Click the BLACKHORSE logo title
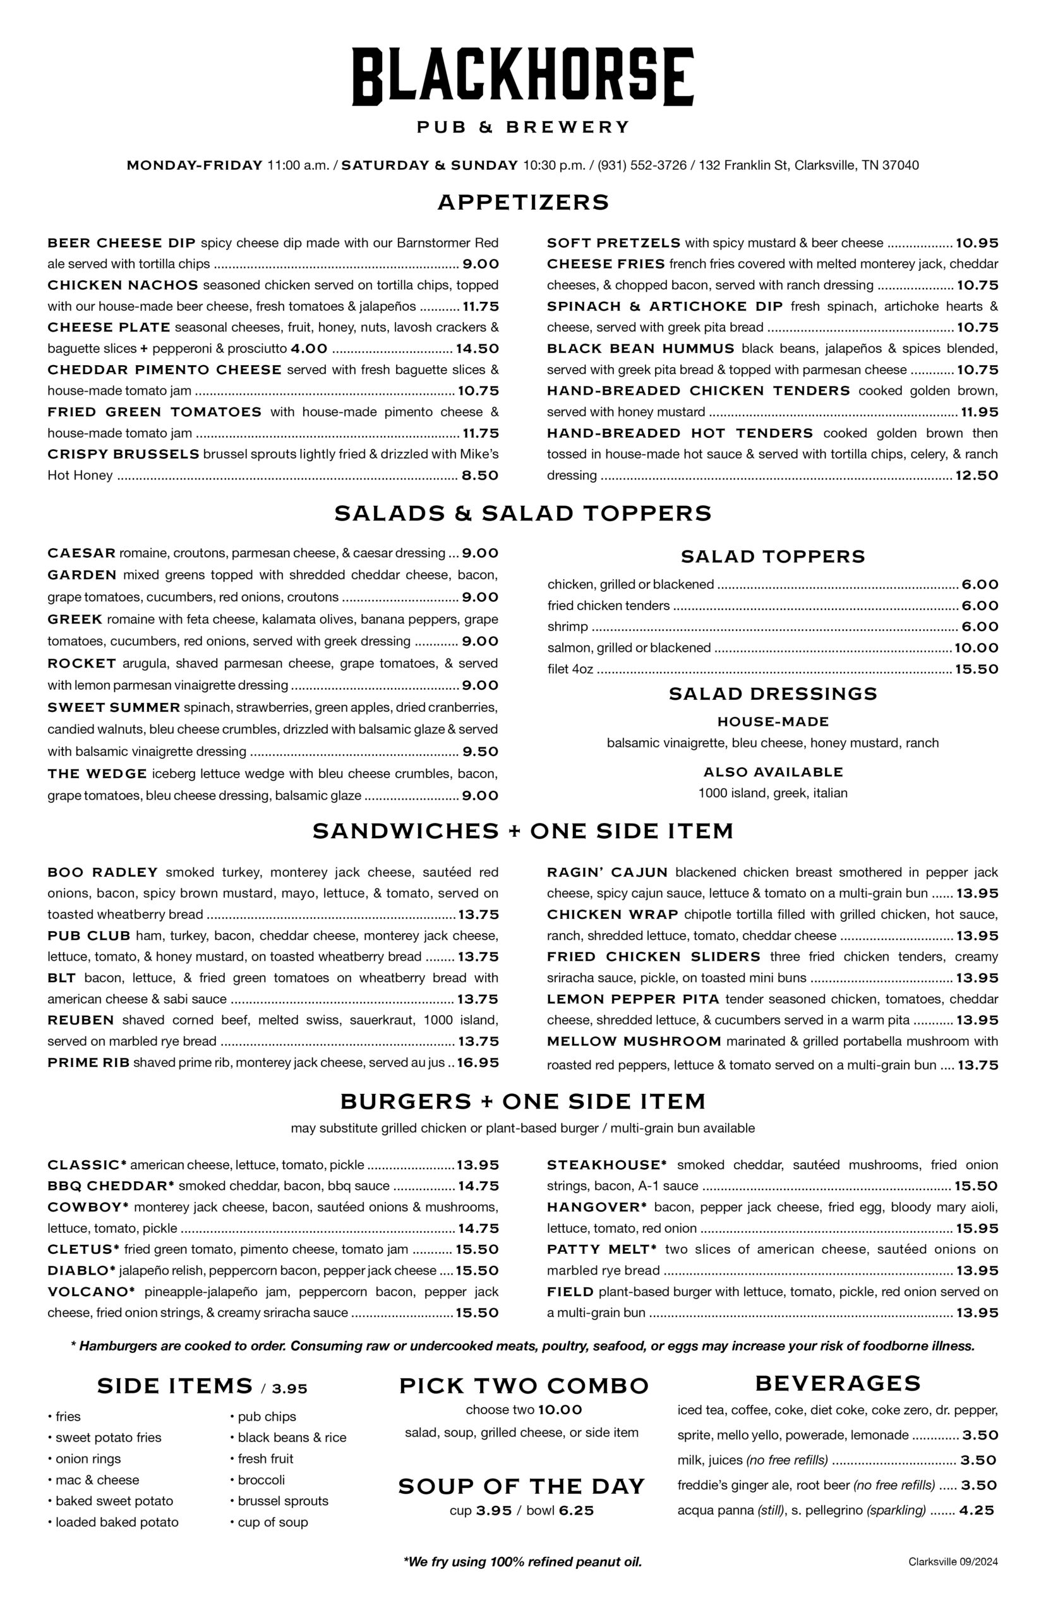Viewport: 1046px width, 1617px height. coord(522,76)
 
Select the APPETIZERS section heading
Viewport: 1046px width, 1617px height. coord(523,202)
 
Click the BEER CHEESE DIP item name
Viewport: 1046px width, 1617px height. coord(121,243)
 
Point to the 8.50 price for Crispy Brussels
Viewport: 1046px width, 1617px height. coord(479,476)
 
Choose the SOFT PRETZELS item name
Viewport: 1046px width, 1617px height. coord(613,243)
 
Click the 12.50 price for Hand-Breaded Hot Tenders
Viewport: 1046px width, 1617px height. coord(976,476)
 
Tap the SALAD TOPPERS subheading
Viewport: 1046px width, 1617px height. coord(772,556)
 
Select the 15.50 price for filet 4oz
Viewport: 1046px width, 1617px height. coord(976,669)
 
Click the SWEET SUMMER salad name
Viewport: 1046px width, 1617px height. coord(114,707)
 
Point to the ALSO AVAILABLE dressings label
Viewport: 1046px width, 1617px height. coord(772,771)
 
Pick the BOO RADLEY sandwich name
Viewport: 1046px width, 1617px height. coord(102,872)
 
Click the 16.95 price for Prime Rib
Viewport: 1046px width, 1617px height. coord(478,1062)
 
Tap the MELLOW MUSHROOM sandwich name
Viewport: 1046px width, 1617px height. coord(634,1041)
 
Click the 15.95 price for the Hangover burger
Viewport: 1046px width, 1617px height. coord(976,1228)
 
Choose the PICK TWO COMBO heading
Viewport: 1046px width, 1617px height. coord(523,1385)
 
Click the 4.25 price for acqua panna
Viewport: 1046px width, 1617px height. coord(976,1510)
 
